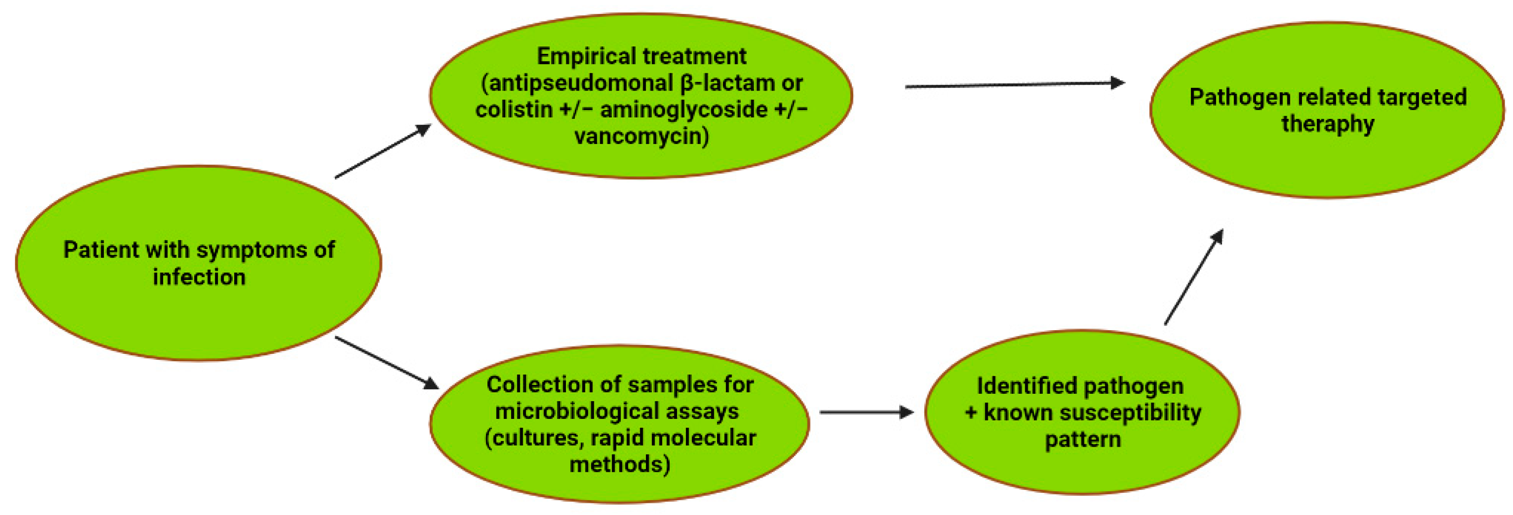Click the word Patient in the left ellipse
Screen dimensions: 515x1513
(x=100, y=250)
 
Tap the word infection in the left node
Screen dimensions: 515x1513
(x=199, y=277)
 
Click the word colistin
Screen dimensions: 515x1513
(x=514, y=110)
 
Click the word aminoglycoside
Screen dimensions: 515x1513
(x=683, y=110)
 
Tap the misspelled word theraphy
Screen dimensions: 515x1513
(x=1328, y=124)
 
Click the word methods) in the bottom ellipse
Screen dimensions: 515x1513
(x=619, y=464)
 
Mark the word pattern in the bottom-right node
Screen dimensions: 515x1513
(x=1083, y=440)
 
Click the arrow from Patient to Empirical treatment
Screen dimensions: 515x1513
(x=383, y=151)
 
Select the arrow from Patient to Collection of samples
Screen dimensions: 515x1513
(x=387, y=362)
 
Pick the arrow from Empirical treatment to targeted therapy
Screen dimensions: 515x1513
(x=1014, y=85)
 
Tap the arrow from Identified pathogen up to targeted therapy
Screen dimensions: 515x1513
(x=1193, y=277)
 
